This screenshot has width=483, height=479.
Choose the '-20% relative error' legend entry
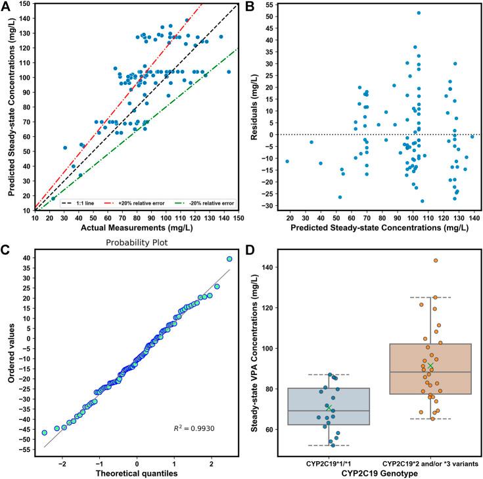click(x=200, y=204)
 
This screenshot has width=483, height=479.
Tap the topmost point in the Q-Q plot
click(x=229, y=259)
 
